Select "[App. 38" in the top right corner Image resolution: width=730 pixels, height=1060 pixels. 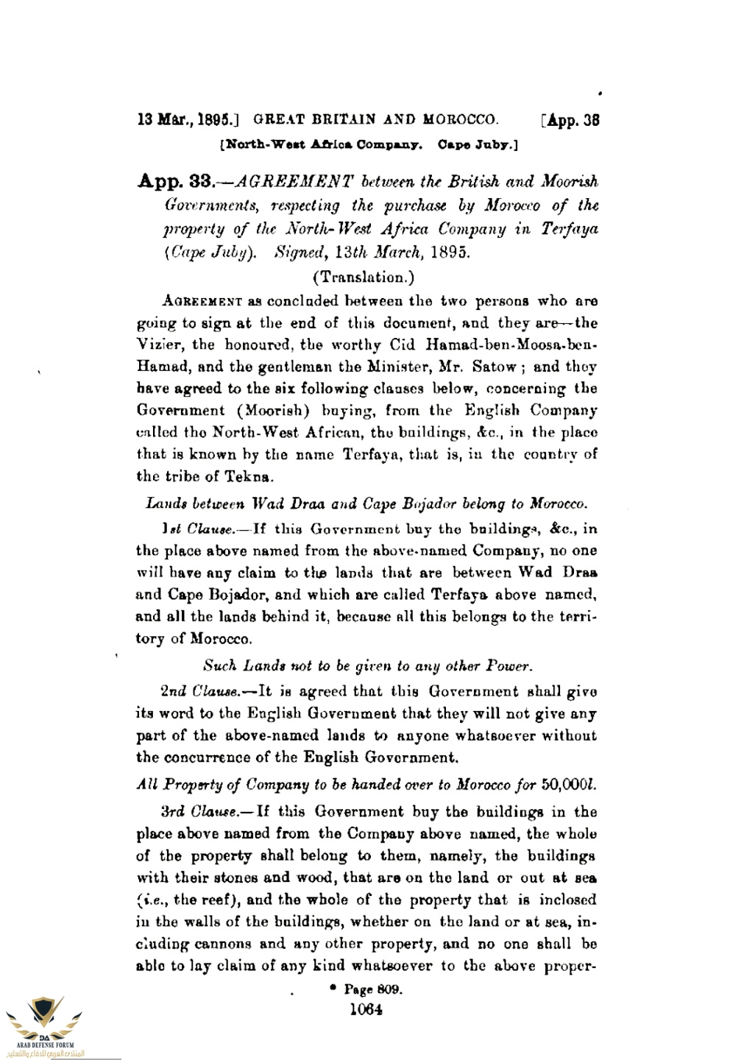(x=569, y=119)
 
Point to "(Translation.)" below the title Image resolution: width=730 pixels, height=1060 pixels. (x=364, y=278)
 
